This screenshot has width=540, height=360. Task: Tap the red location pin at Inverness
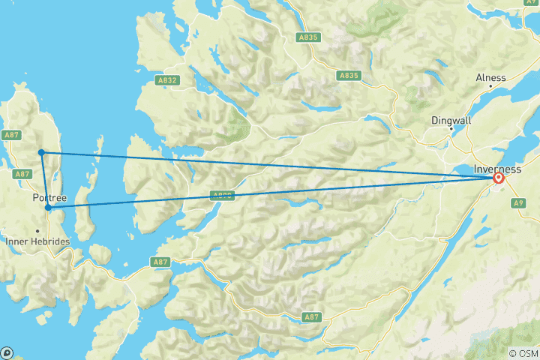coord(497,178)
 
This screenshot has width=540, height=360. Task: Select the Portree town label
coord(51,198)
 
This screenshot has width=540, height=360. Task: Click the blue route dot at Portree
coord(48,208)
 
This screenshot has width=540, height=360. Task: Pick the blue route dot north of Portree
coord(41,152)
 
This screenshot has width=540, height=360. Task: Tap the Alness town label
coord(491,78)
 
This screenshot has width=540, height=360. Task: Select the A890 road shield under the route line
coord(222,195)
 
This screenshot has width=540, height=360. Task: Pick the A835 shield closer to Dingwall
coord(349,76)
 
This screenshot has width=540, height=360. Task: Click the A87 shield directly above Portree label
coord(22,174)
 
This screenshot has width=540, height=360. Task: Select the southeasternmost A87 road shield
coord(312,318)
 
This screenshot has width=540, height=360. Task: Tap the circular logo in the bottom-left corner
coord(7,352)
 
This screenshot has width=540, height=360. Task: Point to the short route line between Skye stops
coord(44,180)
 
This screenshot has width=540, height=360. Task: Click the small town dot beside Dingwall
coord(450,128)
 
